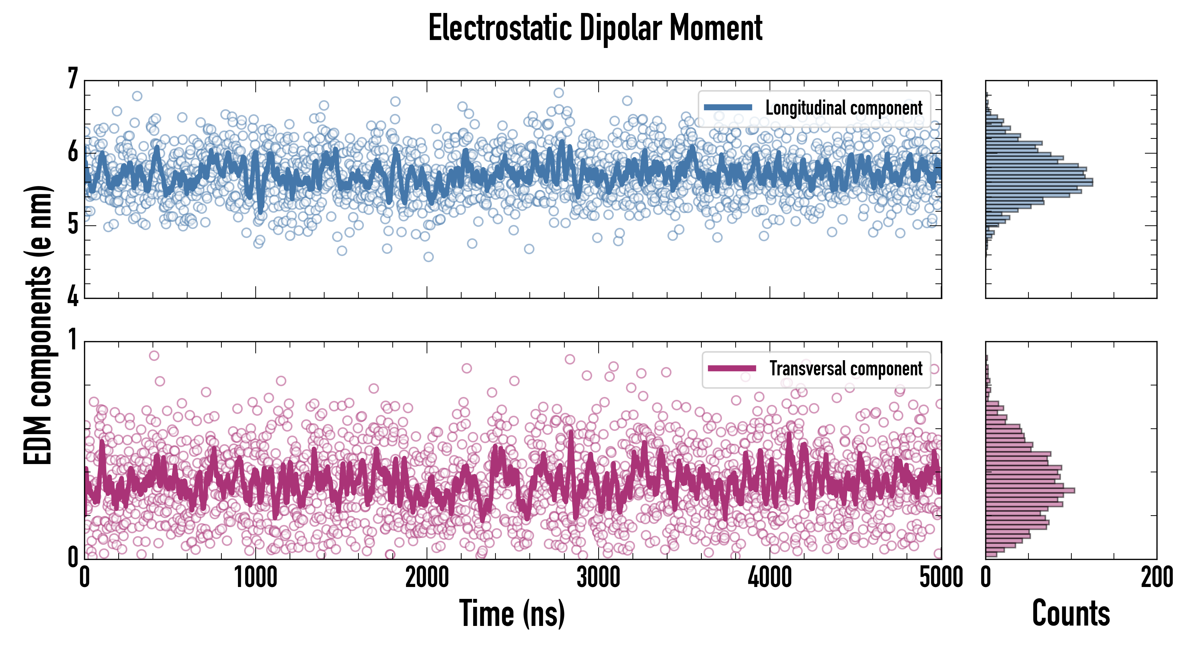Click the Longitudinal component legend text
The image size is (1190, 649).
[843, 108]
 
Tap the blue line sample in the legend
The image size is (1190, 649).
[728, 108]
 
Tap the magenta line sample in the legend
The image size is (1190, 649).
[732, 368]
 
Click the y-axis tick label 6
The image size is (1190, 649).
[72, 151]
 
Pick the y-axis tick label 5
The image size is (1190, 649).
[72, 225]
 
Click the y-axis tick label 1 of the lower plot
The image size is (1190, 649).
[72, 340]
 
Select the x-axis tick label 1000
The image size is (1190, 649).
[255, 577]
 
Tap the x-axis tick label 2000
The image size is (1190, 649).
[427, 577]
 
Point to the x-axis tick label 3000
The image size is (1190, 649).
[598, 577]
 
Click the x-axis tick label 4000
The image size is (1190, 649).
[770, 577]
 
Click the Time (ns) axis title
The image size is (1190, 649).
[512, 613]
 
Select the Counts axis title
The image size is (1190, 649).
[1071, 613]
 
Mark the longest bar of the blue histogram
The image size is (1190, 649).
[1039, 182]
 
